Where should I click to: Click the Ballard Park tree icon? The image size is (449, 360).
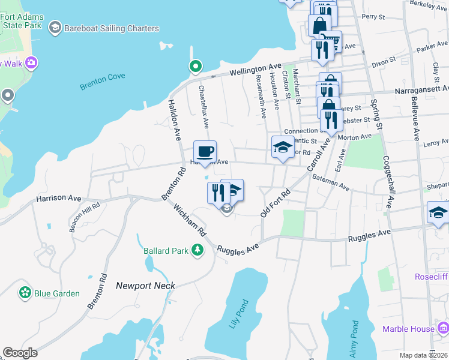coord(197,250)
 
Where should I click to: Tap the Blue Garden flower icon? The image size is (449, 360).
coord(25,293)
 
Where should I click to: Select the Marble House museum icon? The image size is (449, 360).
coord(443,328)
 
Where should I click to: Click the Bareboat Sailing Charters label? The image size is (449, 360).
coord(112,28)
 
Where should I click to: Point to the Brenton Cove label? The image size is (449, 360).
coord(103,85)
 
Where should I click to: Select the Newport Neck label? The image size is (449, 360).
coord(145,286)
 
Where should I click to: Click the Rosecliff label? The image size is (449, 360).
coord(432,277)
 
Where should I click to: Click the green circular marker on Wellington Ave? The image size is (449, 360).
coord(194,66)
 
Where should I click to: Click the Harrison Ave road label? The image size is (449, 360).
coord(58,197)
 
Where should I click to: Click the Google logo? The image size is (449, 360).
coord(20,353)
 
